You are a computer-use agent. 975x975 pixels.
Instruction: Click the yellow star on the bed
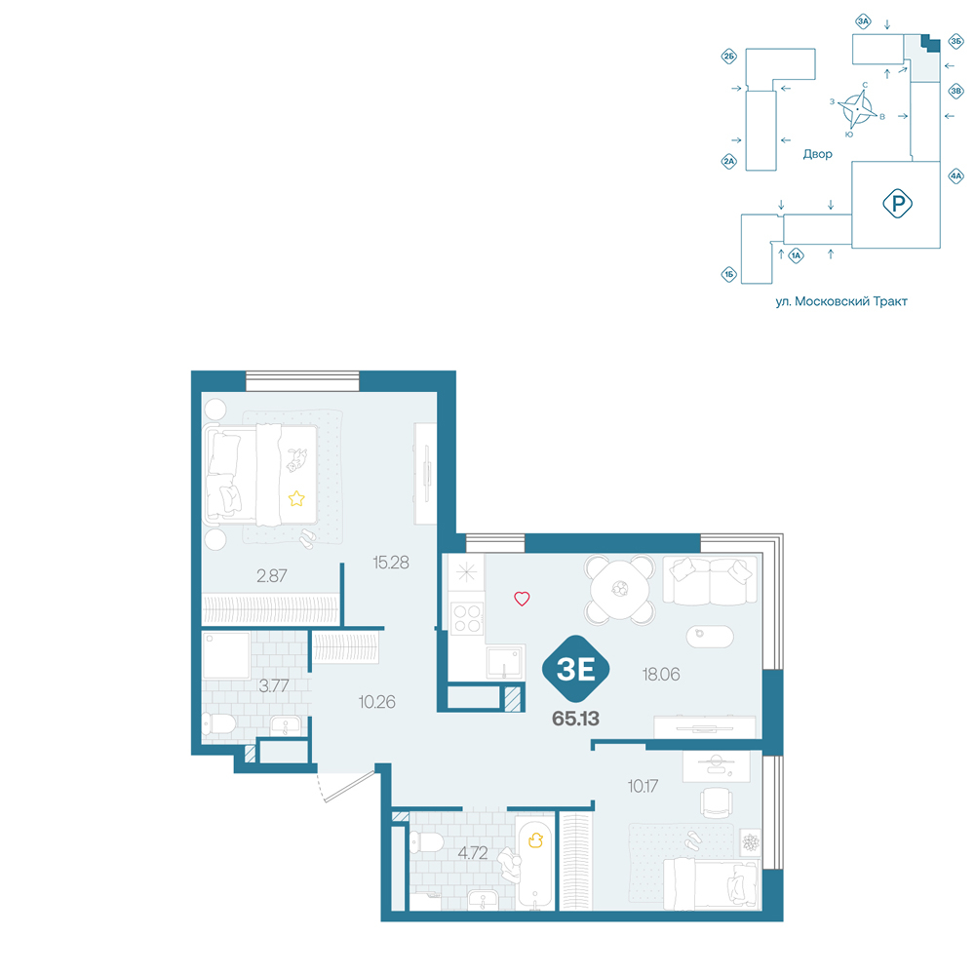(x=296, y=498)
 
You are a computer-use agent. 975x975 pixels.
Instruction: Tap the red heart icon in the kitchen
(x=522, y=599)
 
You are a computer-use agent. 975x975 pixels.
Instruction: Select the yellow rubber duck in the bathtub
(x=535, y=840)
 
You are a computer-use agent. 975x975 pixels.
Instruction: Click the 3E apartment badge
(x=576, y=669)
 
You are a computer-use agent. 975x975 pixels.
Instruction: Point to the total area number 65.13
(x=576, y=719)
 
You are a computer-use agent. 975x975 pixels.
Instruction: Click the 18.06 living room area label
(x=661, y=674)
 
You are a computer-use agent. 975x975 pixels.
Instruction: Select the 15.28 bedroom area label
(x=391, y=563)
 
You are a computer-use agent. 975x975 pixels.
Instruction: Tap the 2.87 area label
(x=272, y=576)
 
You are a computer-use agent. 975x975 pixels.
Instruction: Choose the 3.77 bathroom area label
(x=274, y=685)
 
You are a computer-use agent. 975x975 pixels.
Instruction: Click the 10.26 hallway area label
(x=376, y=702)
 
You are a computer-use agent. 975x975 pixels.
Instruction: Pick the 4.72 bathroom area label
(x=473, y=852)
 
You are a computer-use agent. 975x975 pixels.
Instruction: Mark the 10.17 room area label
(x=643, y=786)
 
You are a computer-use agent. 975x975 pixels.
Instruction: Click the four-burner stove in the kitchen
(x=467, y=619)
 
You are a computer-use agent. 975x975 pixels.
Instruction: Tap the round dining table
(x=620, y=588)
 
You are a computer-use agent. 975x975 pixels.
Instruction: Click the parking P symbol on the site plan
(x=897, y=204)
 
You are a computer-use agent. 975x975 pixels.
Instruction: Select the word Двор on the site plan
(x=817, y=154)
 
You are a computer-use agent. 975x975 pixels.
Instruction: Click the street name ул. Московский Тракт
(x=841, y=301)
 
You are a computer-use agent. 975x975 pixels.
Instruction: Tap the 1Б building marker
(x=728, y=274)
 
